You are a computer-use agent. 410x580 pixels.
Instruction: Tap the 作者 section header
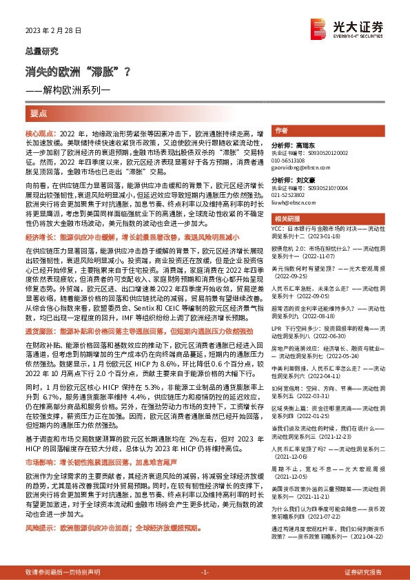(281, 130)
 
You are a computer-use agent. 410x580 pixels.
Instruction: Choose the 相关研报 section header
(286, 219)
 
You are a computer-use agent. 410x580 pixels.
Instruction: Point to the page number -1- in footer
(205, 572)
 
